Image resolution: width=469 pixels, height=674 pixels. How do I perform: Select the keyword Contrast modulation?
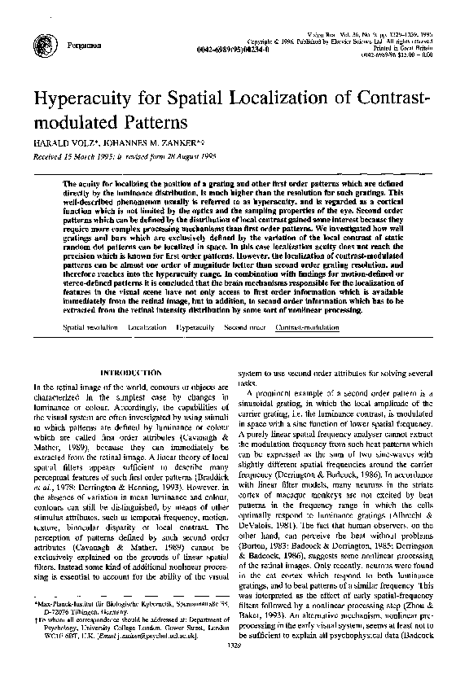coord(308,326)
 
